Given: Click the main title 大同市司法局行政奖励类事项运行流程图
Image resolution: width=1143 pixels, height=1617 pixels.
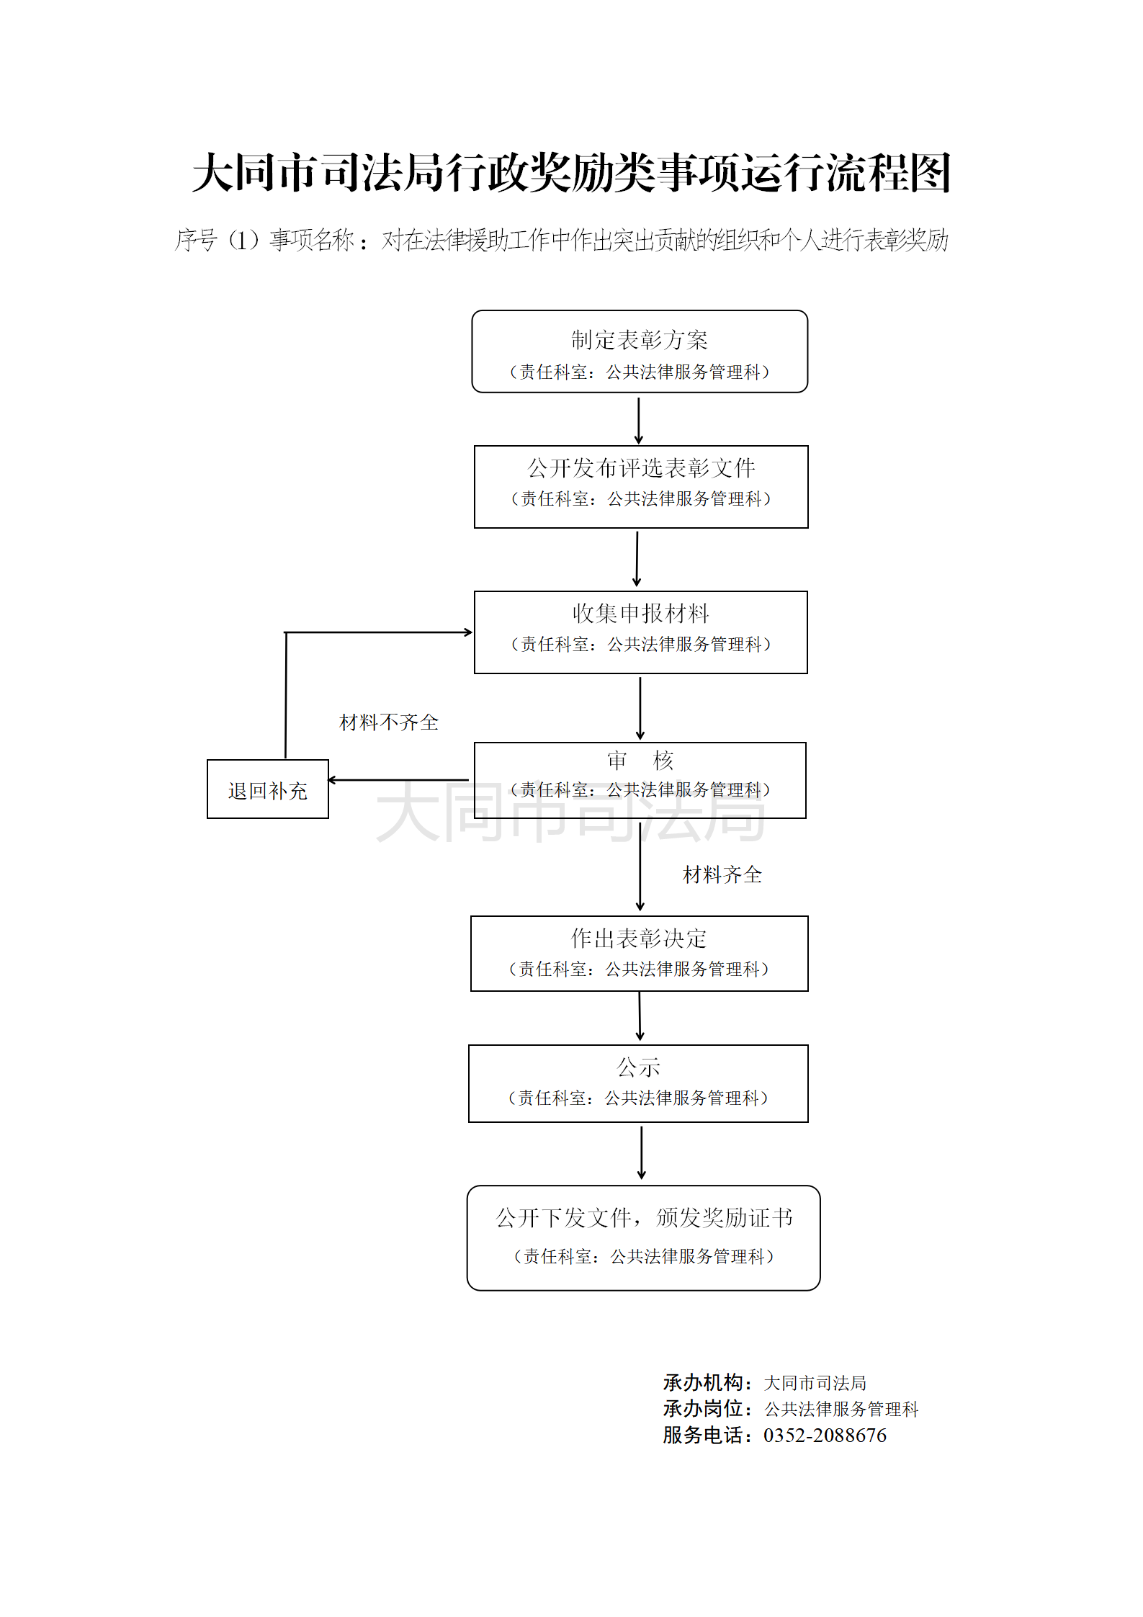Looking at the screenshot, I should pyautogui.click(x=571, y=173).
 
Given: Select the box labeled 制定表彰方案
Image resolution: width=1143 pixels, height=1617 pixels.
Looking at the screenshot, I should pyautogui.click(x=640, y=351).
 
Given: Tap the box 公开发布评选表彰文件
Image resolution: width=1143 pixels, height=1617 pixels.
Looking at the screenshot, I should pyautogui.click(x=641, y=487).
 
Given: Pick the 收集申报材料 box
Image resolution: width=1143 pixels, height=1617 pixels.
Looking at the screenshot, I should pyautogui.click(x=640, y=632).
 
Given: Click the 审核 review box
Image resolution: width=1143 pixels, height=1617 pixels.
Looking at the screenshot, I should pyautogui.click(x=640, y=780).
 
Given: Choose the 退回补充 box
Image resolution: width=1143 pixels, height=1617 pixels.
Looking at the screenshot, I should pyautogui.click(x=267, y=789).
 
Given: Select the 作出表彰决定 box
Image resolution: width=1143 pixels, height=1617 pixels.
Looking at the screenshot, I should pyautogui.click(x=639, y=954).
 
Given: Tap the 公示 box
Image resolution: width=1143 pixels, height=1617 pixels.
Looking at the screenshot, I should pyautogui.click(x=638, y=1083).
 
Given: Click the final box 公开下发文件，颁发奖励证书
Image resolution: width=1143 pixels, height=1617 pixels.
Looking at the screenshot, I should pyautogui.click(x=643, y=1238).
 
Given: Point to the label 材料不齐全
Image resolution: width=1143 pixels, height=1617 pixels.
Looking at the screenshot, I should pyautogui.click(x=389, y=722).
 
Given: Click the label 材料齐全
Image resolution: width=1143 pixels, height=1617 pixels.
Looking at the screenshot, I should pyautogui.click(x=722, y=875).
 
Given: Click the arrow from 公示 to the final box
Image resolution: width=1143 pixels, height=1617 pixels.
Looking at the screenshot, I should pyautogui.click(x=641, y=1153).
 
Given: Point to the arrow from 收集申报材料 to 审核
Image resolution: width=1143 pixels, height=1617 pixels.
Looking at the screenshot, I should pyautogui.click(x=640, y=708).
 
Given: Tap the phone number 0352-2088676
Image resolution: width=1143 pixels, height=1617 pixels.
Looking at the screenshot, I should pyautogui.click(x=825, y=1435).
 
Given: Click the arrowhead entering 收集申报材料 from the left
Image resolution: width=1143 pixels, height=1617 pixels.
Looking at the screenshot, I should pyautogui.click(x=468, y=632).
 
